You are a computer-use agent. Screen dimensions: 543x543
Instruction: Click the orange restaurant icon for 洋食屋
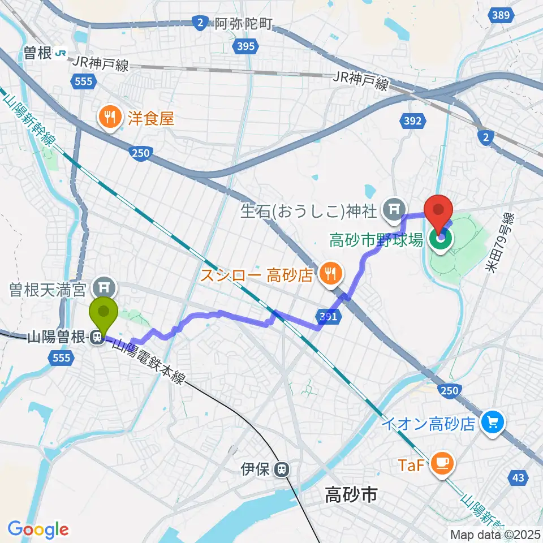(x=109, y=118)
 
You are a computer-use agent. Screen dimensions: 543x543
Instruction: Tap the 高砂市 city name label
(x=350, y=497)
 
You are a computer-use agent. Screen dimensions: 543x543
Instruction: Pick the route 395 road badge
(x=246, y=46)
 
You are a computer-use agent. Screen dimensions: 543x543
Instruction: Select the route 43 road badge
(x=518, y=479)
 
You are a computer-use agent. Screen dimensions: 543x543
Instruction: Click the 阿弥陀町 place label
(x=244, y=24)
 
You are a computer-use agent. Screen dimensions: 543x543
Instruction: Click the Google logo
(x=38, y=529)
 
